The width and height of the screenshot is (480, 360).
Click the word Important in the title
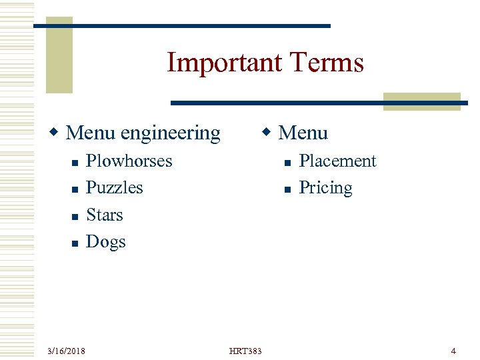pos(215,63)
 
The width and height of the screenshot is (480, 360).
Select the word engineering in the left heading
pos(170,133)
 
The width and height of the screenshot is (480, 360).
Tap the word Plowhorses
pos(129,161)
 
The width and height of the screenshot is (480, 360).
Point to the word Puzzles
pos(114,188)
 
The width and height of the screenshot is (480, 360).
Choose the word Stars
pos(105,215)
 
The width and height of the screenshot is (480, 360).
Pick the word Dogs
pos(105,241)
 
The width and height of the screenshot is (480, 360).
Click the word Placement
pos(337,161)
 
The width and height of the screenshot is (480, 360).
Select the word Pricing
pos(325,188)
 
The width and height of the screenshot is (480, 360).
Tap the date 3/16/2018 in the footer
pos(66,351)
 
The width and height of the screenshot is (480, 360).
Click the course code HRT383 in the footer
pos(245,351)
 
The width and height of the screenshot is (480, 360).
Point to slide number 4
pos(453,351)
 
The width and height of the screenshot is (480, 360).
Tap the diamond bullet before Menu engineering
pos(58,133)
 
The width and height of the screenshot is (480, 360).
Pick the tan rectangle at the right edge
pos(421,101)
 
